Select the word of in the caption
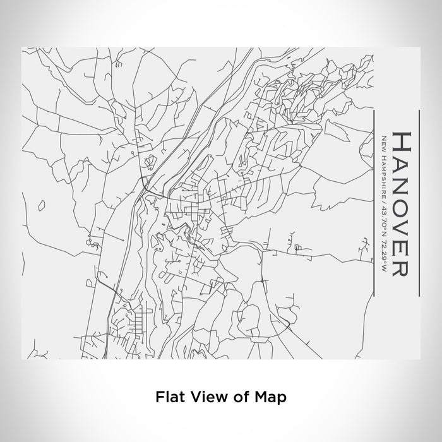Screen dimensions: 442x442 [x=234, y=397]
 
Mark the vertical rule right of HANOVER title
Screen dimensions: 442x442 [x=419, y=202]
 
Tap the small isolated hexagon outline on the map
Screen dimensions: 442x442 [x=42, y=205]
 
